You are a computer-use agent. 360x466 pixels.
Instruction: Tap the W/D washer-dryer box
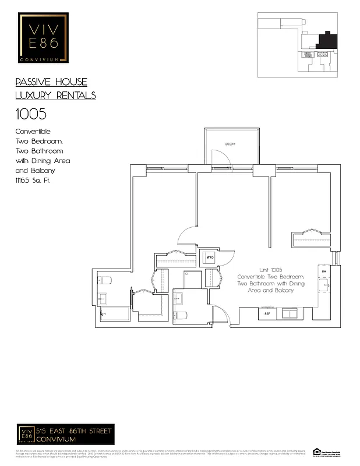pos(209,257)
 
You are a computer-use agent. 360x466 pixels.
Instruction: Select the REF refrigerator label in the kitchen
pos(267,314)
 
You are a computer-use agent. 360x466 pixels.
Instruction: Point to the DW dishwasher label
pos(323,271)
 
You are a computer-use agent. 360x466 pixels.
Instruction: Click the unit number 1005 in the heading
pos(30,114)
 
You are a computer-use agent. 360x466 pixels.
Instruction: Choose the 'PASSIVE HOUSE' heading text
pos(51,82)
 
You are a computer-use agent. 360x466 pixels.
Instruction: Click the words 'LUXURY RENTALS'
pos(55,96)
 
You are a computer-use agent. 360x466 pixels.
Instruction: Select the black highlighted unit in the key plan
pos(325,41)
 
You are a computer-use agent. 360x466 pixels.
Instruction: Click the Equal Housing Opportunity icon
pos(317,451)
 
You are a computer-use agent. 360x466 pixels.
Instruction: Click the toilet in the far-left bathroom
pos(104,280)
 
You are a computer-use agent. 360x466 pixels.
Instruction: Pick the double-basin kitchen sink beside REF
pos(290,313)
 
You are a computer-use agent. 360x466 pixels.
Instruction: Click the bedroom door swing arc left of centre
pos(186,235)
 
